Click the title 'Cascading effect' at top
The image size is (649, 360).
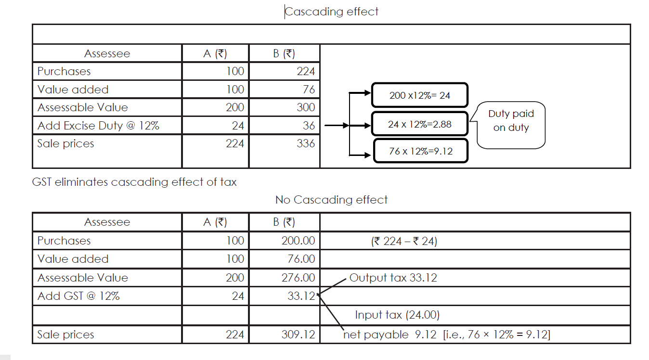point(332,12)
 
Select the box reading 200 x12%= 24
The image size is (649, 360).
point(419,95)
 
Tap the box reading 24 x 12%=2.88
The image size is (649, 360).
point(419,124)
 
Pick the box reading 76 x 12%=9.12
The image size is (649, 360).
point(420,151)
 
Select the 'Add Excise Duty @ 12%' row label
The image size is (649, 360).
point(98,126)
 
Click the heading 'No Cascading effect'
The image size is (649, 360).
point(331,200)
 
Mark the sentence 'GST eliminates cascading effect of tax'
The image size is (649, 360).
point(134,182)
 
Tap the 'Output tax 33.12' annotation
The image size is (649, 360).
point(393,278)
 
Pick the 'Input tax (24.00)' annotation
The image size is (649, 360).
point(397,315)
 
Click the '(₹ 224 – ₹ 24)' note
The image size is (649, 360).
point(404,241)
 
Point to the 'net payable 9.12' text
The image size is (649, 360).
point(390,334)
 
